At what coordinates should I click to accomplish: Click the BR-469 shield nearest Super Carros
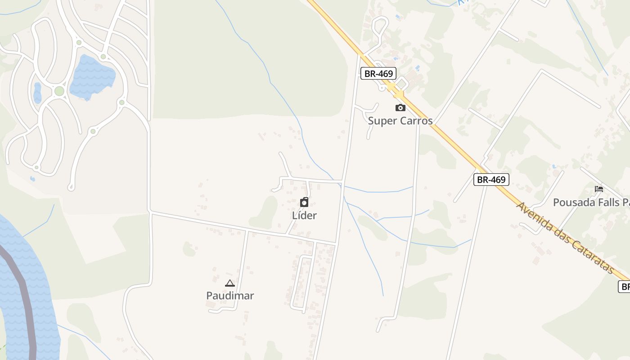pos(378,73)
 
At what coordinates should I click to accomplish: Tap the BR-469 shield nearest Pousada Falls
pos(491,180)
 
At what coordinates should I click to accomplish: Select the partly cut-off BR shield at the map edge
pos(625,286)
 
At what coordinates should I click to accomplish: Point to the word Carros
pos(416,121)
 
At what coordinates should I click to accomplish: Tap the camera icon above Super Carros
pos(400,108)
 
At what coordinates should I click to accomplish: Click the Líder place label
pos(304,215)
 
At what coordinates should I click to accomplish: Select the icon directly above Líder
pos(304,202)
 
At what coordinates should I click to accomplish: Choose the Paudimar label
pos(230,296)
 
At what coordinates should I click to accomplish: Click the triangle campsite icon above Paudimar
pos(230,283)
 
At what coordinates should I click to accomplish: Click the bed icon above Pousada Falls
pos(599,189)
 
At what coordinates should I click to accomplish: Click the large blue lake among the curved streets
pos(92,76)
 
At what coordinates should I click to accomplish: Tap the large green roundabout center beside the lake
pos(59,91)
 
